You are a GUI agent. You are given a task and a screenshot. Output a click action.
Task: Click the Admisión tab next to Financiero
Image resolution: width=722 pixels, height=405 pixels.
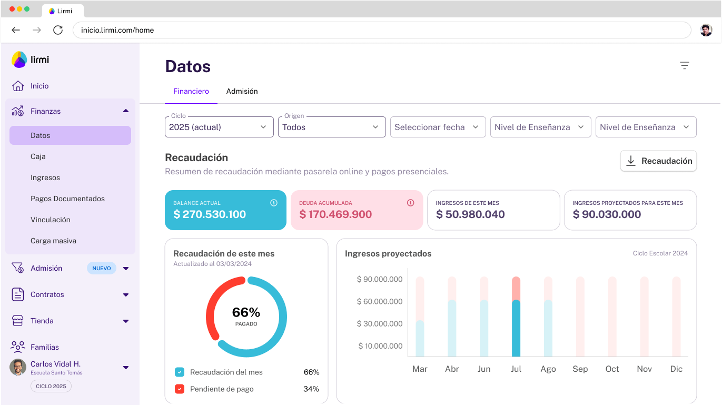[242, 91]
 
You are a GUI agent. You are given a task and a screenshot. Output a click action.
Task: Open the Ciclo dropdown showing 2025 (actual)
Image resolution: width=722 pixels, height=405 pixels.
[219, 127]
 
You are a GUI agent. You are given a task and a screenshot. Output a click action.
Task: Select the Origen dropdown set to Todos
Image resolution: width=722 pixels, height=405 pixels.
[331, 127]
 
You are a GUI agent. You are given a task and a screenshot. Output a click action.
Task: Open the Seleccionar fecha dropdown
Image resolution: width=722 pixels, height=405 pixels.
[437, 127]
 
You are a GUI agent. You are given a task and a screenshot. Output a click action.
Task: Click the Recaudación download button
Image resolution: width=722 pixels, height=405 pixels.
[658, 161]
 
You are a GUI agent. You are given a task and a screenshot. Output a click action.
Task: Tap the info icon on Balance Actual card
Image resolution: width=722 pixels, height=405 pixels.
[274, 203]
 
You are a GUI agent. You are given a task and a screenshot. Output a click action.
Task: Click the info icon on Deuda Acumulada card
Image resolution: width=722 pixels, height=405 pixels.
[411, 203]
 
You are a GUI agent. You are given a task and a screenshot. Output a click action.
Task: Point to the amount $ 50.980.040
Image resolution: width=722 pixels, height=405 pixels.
[470, 214]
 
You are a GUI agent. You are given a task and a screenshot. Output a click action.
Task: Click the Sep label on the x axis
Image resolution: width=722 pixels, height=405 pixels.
[580, 369]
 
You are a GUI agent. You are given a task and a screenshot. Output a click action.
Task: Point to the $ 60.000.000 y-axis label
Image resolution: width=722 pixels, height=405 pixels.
[379, 301]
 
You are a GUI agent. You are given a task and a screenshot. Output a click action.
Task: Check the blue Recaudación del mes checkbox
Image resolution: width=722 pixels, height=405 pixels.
[180, 372]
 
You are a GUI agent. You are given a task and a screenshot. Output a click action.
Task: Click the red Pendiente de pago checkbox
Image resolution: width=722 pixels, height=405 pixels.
[180, 389]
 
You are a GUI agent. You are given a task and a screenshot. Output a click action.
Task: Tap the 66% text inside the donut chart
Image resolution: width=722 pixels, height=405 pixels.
[246, 312]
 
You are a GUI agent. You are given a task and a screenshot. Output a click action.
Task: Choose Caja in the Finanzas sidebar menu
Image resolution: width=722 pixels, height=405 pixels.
[38, 156]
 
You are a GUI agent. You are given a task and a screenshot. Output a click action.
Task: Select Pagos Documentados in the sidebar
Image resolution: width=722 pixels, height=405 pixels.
[67, 199]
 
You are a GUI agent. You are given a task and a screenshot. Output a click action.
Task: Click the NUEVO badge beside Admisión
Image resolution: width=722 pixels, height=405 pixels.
[102, 268]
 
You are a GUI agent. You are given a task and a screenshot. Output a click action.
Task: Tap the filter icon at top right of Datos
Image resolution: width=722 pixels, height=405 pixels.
[684, 66]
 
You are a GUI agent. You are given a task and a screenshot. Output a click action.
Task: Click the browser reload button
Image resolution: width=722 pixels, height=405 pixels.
[58, 30]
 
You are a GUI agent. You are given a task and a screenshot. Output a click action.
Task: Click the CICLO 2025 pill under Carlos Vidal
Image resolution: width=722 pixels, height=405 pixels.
[51, 386]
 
